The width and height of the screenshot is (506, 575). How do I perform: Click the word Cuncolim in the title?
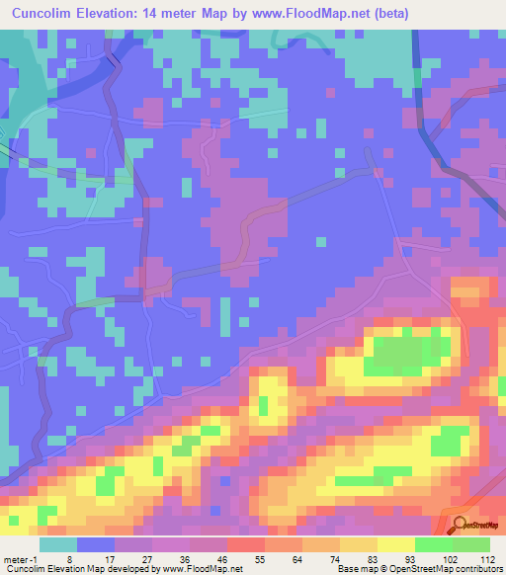point(46,14)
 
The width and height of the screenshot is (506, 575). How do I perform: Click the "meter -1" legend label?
point(19,558)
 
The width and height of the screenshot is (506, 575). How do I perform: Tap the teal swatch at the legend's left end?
point(58,543)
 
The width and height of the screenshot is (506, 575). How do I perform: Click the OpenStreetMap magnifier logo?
point(460,524)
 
